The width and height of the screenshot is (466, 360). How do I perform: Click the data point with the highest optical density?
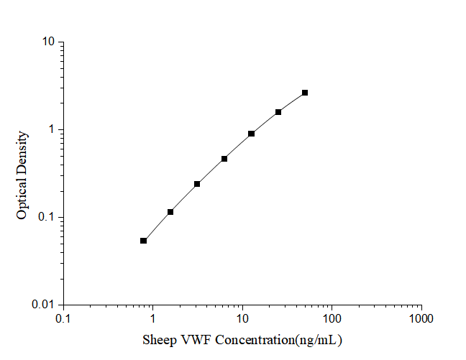(x=305, y=93)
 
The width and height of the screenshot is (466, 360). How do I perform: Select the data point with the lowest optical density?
(x=143, y=241)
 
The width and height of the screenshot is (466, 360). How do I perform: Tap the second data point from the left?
(x=170, y=212)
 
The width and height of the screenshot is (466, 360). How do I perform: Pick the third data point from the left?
(x=197, y=184)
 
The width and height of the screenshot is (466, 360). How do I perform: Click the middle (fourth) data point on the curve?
(x=224, y=159)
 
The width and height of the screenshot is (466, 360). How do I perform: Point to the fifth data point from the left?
(x=251, y=134)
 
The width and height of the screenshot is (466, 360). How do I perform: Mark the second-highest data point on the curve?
(x=278, y=112)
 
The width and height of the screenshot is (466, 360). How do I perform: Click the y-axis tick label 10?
(x=48, y=42)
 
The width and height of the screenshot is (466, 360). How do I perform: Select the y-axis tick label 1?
(x=52, y=129)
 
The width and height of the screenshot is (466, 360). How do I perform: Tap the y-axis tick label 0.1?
(x=47, y=217)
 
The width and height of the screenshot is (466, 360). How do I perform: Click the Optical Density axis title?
(x=22, y=175)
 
